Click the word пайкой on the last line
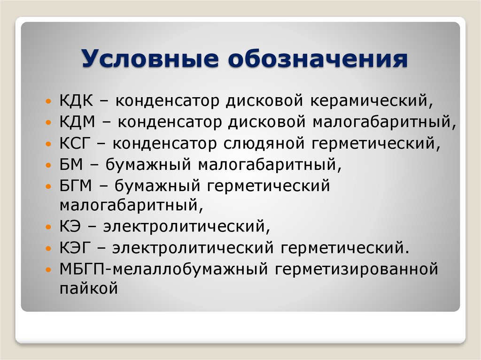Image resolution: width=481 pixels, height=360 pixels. click(88, 288)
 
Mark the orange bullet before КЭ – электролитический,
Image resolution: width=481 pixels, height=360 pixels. click(50, 227)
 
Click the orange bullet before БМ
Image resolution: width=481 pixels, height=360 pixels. click(50, 165)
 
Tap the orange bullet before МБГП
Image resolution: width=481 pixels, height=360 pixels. click(50, 270)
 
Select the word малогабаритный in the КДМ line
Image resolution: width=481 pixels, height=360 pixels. click(382, 122)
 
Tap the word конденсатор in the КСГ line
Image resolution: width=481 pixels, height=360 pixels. click(166, 143)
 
